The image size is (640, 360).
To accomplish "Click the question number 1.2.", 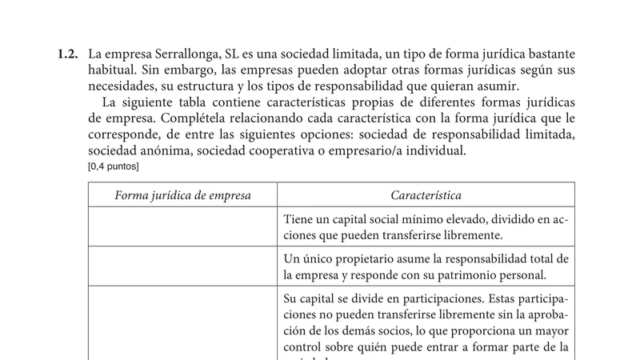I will point(67,55).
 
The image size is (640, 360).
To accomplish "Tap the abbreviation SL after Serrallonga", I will point(241,55).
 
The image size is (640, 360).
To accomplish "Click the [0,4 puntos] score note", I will point(114,166).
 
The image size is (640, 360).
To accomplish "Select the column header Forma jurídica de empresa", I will point(183,195).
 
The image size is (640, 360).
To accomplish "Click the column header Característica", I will point(426,195).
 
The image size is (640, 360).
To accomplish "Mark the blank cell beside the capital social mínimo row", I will point(183,227).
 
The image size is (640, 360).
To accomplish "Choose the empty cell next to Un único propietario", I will point(183,266).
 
